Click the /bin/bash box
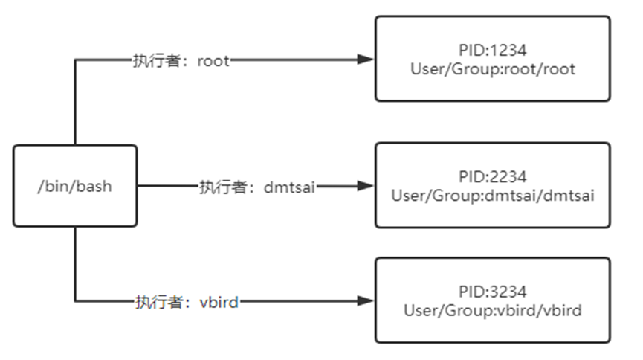[x=75, y=185]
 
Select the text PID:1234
[x=493, y=51]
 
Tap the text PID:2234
[x=493, y=177]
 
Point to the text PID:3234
[x=493, y=292]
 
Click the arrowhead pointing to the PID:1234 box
[x=364, y=60]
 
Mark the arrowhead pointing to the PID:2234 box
[x=364, y=185]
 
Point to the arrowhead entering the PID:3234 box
[x=364, y=300]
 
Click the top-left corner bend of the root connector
[x=75, y=60]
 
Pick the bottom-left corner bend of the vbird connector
[x=75, y=300]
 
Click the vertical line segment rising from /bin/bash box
[x=75, y=104]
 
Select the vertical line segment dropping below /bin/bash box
[x=75, y=264]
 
